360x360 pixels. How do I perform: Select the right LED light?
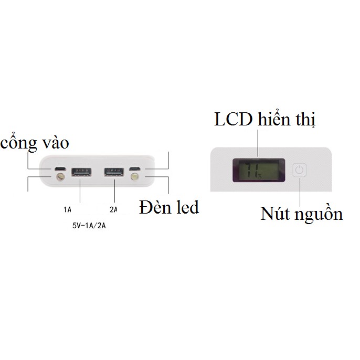click(136, 179)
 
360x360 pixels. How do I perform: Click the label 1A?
click(67, 210)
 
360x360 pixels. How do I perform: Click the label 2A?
click(113, 210)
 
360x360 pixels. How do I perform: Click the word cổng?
click(19, 143)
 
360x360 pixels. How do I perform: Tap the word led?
click(186, 207)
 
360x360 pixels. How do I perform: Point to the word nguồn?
click(318, 215)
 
